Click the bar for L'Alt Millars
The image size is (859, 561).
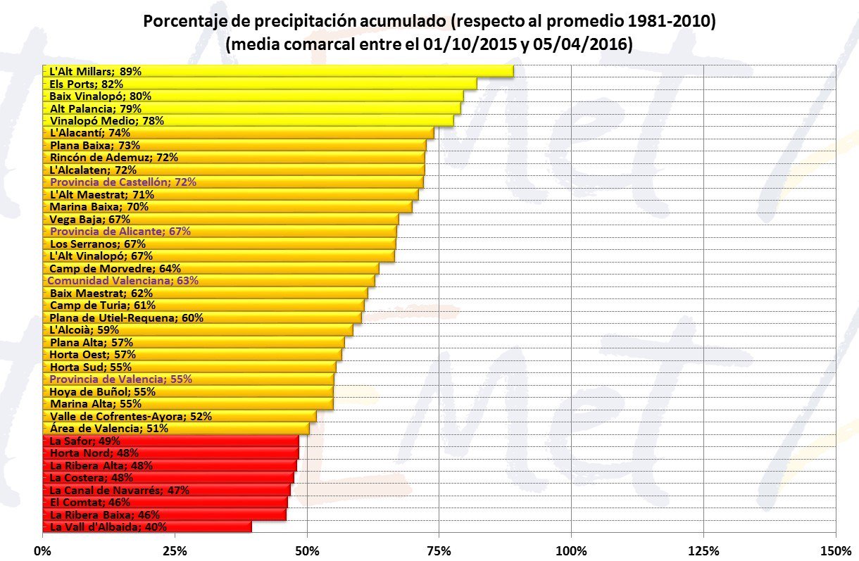pos(278,71)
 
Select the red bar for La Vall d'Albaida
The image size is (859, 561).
pos(147,527)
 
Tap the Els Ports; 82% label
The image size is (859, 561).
pos(87,84)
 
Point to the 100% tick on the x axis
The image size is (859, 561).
pos(572,551)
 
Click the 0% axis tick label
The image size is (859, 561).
pos(42,551)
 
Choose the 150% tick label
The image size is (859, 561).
pos(836,551)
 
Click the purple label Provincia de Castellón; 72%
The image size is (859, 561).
pos(123,182)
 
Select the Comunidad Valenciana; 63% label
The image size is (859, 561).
pos(123,281)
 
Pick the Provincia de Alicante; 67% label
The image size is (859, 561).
pos(120,231)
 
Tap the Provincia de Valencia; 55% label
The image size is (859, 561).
pos(121,379)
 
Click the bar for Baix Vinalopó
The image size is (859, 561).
pos(253,96)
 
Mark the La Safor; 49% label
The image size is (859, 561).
pos(84,441)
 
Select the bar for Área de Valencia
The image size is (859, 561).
pos(176,429)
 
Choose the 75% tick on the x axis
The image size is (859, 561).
pos(439,551)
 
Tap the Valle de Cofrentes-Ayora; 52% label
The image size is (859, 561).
pos(131,416)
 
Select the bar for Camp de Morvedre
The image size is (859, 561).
pos(211,268)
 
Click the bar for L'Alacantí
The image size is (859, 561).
pos(239,132)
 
